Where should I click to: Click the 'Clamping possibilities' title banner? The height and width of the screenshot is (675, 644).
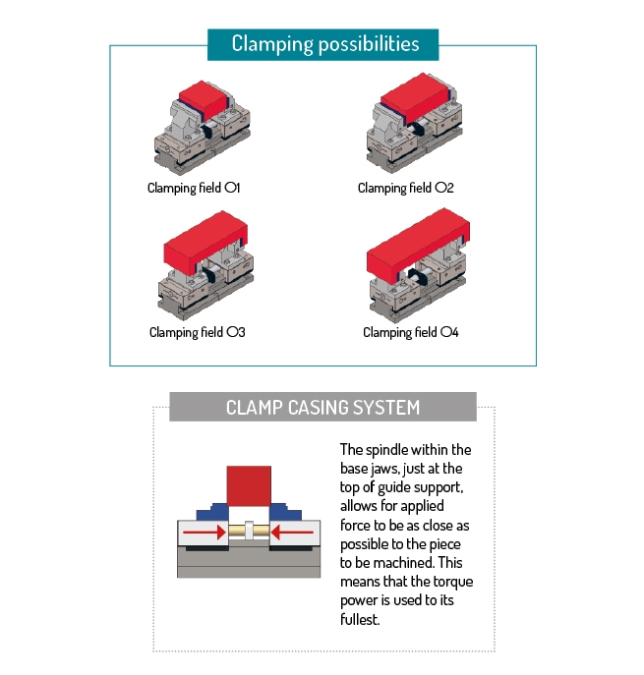(324, 44)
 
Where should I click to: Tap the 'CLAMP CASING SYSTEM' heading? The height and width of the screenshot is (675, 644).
(322, 407)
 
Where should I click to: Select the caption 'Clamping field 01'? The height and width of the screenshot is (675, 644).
(194, 187)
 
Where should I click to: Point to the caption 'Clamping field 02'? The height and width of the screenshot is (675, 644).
(405, 187)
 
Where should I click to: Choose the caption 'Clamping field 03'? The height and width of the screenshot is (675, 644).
(197, 332)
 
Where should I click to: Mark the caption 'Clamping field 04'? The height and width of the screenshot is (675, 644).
(410, 332)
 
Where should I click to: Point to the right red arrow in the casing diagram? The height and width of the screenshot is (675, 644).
(294, 534)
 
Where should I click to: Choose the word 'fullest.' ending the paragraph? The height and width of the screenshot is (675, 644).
(360, 620)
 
